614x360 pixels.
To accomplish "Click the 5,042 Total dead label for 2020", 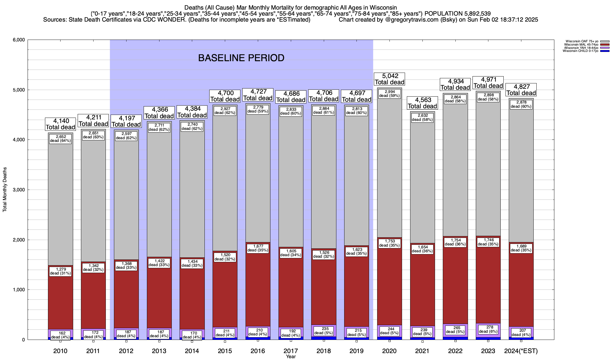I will click(x=389, y=79).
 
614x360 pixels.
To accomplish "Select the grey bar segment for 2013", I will click(x=159, y=195).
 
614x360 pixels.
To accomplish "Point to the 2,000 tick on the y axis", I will click(x=19, y=240).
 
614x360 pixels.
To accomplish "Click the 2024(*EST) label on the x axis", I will click(x=521, y=351).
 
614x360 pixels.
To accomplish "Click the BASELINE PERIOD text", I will click(x=241, y=58).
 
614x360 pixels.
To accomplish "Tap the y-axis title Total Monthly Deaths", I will click(x=5, y=190).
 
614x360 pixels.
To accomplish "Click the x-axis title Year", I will click(x=291, y=357).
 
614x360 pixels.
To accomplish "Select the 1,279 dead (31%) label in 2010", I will click(x=60, y=271).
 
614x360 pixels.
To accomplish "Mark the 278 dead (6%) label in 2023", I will click(x=488, y=329).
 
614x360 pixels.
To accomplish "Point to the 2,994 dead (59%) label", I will click(x=389, y=94).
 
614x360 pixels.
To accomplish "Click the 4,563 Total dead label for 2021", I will click(x=422, y=103).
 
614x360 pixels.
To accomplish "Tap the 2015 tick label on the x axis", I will click(x=225, y=351).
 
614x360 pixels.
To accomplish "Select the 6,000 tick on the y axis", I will click(x=19, y=40).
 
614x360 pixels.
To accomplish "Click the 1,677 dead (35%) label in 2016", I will click(x=258, y=248).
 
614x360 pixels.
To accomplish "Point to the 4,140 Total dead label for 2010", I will click(x=60, y=124).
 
